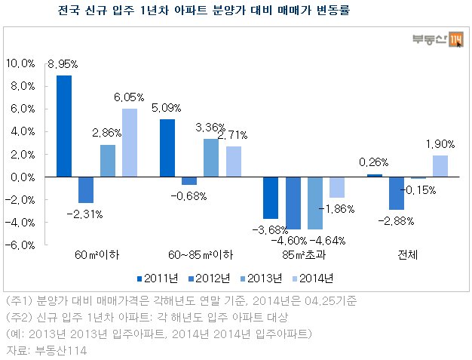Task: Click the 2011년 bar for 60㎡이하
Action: point(64,126)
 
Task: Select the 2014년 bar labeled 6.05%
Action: point(130,143)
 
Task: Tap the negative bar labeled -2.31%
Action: point(86,189)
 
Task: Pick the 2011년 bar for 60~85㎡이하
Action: point(167,148)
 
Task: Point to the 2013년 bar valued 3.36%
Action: point(211,158)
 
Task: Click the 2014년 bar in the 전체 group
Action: point(440,166)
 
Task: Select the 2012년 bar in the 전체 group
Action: point(397,193)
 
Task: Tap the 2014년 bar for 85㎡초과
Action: point(337,187)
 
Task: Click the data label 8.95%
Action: point(63,64)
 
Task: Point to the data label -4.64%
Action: point(327,241)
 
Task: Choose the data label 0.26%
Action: point(373,162)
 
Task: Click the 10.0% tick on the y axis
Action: point(20,63)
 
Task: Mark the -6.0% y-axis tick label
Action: point(20,245)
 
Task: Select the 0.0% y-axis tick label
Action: point(23,177)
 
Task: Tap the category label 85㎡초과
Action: point(304,255)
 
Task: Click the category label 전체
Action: point(408,255)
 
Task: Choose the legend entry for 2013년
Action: point(262,278)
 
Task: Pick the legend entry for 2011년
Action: point(158,278)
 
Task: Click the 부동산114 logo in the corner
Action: point(437,39)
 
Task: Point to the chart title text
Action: point(204,11)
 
